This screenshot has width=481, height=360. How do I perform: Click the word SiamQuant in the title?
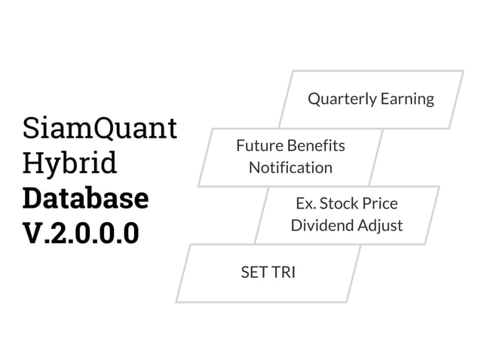100,129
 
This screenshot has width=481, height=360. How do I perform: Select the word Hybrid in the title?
70,164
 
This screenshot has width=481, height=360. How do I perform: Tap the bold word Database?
85,198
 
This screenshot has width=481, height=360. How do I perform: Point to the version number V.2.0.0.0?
81,233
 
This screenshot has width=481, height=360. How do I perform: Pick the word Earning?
407,99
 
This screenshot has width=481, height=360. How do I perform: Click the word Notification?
290,167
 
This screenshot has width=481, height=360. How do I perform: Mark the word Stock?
342,203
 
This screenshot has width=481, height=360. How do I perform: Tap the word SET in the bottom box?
254,273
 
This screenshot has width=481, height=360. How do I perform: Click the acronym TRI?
283,273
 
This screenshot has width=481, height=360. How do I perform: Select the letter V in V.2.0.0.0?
35,233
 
